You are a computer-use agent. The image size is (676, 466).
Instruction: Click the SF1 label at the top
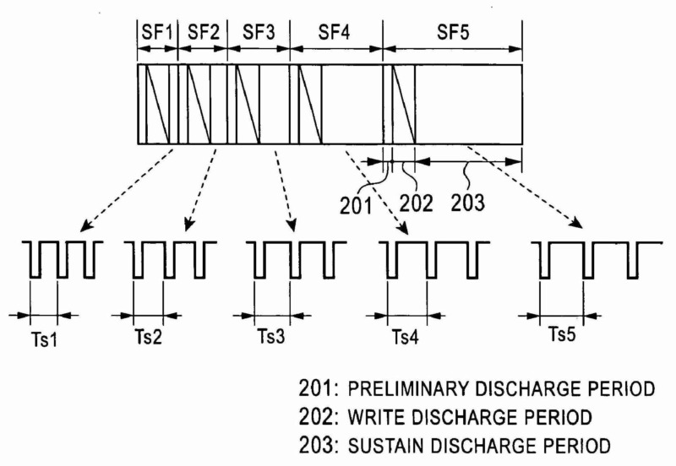pyautogui.click(x=157, y=33)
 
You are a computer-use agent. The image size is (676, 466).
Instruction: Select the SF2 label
pyautogui.click(x=204, y=33)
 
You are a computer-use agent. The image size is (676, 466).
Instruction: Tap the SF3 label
pyautogui.click(x=259, y=33)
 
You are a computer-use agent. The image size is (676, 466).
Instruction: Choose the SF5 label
pyautogui.click(x=454, y=33)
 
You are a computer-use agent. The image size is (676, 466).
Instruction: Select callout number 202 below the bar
pyautogui.click(x=417, y=203)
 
